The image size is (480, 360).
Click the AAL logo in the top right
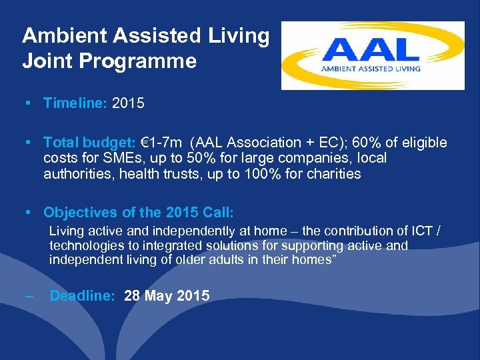click(373, 55)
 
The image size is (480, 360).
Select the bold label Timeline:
click(75, 103)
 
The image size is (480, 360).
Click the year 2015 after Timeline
click(129, 103)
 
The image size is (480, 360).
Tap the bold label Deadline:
click(83, 296)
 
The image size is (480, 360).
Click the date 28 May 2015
click(167, 296)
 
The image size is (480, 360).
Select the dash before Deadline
click(27, 296)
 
